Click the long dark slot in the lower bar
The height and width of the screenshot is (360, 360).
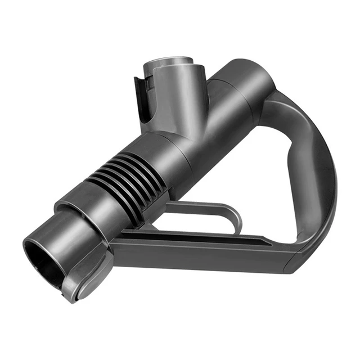coord(214,236)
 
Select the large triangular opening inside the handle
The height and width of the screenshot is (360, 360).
coord(247,180)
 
